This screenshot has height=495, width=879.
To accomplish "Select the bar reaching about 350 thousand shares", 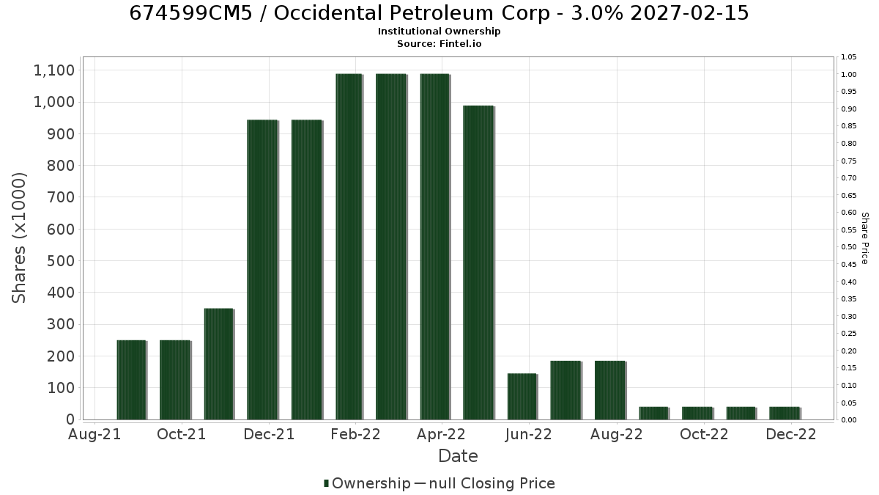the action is coord(219,364).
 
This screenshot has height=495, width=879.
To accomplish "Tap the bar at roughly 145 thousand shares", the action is coord(522,397).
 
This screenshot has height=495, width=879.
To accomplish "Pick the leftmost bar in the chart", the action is coord(132,380).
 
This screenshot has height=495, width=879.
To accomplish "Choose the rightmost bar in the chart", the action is coord(785,414).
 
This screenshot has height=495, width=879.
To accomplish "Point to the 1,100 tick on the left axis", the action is coord(54,70).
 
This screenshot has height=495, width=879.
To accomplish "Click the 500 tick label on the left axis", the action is coord(61,261).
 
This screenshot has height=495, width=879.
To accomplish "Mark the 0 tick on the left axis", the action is coord(70,419).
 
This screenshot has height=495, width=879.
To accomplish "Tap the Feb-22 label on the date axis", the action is coord(355,434).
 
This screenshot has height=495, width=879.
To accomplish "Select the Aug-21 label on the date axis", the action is coord(94,434).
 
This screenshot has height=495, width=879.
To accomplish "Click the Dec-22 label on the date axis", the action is coord(791,434).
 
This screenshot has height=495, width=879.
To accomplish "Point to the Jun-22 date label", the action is coord(529,434).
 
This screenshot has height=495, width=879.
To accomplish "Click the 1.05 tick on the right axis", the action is coord(849,57).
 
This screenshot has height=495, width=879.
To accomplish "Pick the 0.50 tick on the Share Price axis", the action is coord(849,247).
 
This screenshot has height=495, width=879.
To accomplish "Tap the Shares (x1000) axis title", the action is coord(18,238).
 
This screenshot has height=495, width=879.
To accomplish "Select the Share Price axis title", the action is coord(865,238).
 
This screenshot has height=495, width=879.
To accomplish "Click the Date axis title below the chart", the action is coord(458,456).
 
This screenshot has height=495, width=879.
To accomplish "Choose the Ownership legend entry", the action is coord(367,483).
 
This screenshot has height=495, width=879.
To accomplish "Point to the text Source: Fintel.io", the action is coord(439,43).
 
